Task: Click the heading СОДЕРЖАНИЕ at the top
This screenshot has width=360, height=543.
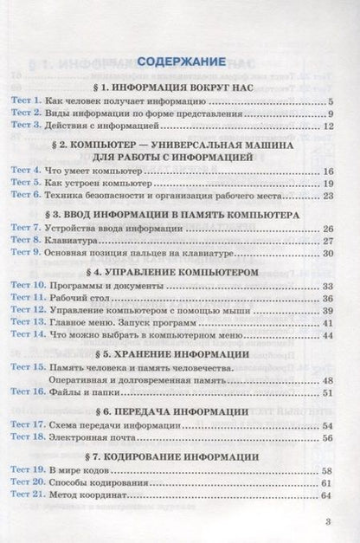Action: pos(180,61)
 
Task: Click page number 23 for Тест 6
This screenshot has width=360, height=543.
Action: pos(327,197)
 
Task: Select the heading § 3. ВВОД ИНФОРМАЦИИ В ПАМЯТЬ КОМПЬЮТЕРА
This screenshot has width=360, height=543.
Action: pos(180,211)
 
